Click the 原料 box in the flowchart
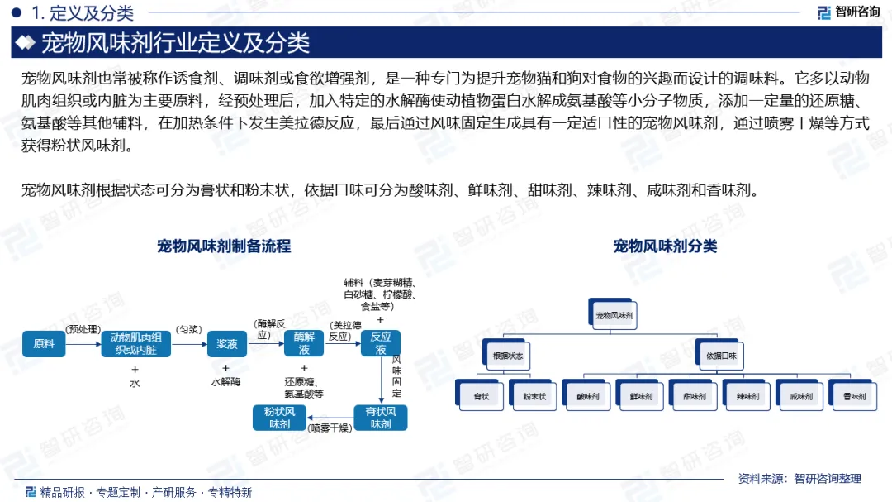[x=44, y=343]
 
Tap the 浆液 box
[x=227, y=343]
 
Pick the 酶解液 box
[x=304, y=343]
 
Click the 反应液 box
[x=381, y=343]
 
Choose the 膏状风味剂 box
[x=381, y=418]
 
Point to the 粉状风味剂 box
[x=279, y=418]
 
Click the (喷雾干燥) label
[x=330, y=428]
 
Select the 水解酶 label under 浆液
[x=225, y=382]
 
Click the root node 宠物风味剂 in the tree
[x=615, y=316]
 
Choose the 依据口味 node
[x=720, y=356]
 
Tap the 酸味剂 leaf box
[x=588, y=397]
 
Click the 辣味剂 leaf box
[x=747, y=397]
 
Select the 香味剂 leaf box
[x=854, y=397]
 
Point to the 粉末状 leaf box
[x=534, y=397]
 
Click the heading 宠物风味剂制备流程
[x=224, y=246]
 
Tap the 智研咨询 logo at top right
[x=848, y=12]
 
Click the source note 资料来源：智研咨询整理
[x=799, y=478]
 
